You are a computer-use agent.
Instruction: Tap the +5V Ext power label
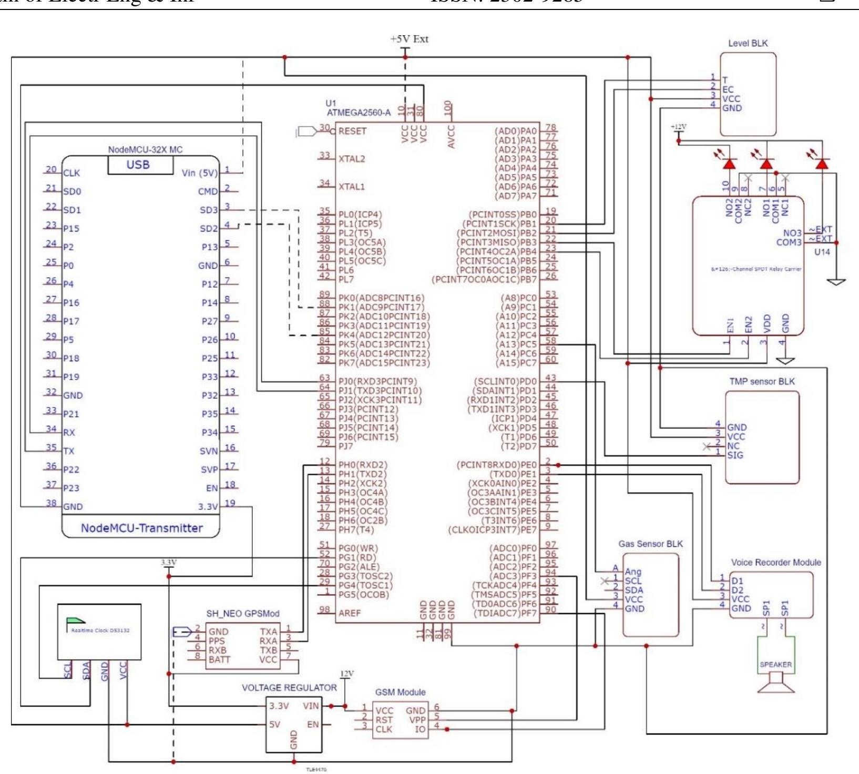[409, 39]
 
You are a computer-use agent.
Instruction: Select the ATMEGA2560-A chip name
[359, 113]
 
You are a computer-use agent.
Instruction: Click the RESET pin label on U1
[352, 131]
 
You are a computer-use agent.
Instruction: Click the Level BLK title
[748, 43]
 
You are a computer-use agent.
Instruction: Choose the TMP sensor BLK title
[762, 381]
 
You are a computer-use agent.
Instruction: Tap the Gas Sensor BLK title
[650, 544]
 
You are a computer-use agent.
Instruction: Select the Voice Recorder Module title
[775, 562]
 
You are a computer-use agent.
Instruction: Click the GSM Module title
[400, 692]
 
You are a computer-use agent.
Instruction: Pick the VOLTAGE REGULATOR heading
[289, 687]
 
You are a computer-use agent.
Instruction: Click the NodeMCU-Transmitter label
[141, 528]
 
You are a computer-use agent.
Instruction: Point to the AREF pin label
[350, 613]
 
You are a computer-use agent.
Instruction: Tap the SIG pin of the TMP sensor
[735, 455]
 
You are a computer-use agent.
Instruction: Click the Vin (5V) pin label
[199, 172]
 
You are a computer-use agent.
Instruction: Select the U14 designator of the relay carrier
[822, 252]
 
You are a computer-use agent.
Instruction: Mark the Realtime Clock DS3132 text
[100, 630]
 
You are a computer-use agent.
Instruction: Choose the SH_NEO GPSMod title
[242, 614]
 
